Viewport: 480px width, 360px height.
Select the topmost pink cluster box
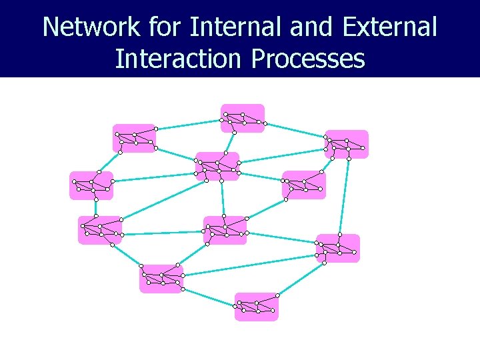click(x=243, y=118)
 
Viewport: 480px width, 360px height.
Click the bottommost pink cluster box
click(x=256, y=307)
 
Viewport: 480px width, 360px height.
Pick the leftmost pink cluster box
click(x=91, y=185)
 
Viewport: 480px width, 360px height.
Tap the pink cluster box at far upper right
click(x=347, y=144)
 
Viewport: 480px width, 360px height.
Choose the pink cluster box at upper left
click(x=134, y=138)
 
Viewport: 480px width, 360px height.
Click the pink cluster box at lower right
click(x=338, y=248)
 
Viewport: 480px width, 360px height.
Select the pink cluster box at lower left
click(x=161, y=279)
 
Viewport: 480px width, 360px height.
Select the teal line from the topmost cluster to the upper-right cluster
click(x=295, y=130)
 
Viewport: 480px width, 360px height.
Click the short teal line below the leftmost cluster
click(x=95, y=207)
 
